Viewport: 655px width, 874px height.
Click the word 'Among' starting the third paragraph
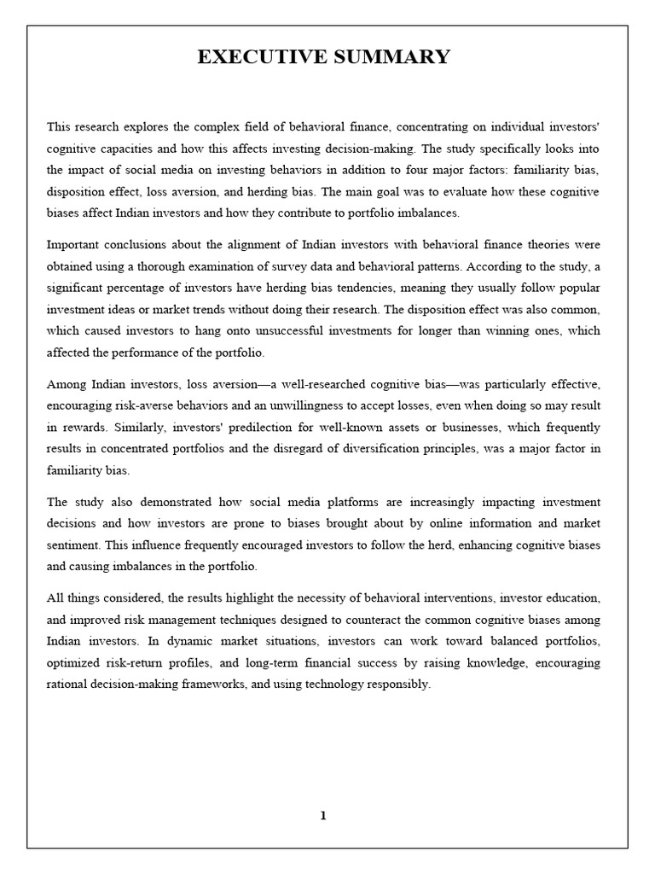pyautogui.click(x=66, y=383)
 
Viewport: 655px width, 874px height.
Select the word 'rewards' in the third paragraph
pyautogui.click(x=85, y=427)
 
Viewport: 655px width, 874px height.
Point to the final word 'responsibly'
pyautogui.click(x=401, y=685)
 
